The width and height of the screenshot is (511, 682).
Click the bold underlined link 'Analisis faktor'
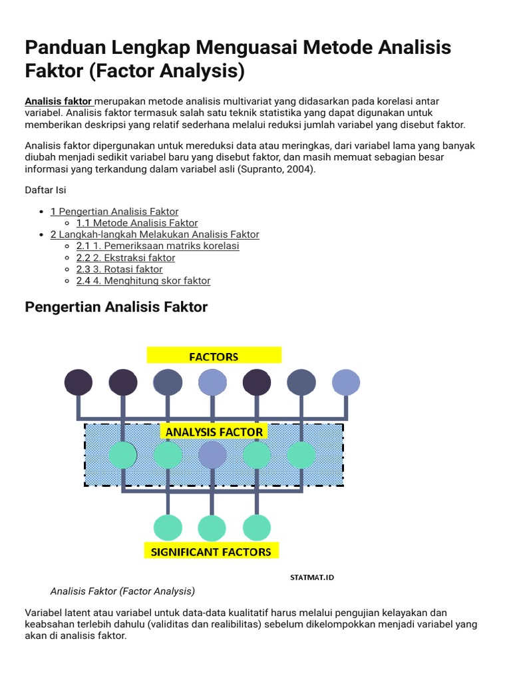[x=59, y=101]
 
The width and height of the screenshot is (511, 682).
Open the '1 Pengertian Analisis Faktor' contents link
[x=114, y=212]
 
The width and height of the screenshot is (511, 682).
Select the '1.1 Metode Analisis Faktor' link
[x=137, y=223]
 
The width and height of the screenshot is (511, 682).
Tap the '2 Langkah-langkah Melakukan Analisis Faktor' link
[x=155, y=234]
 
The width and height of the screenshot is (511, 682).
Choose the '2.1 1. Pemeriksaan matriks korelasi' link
[x=158, y=246]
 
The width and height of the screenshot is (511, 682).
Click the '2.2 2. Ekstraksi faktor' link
[x=126, y=258]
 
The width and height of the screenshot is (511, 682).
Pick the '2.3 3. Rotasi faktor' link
[x=120, y=269]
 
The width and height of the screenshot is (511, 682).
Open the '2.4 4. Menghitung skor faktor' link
[x=143, y=280]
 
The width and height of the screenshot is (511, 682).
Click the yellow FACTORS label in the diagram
[x=214, y=356]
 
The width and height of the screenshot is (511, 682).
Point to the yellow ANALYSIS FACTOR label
[x=214, y=432]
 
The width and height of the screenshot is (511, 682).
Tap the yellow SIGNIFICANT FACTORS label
[x=211, y=551]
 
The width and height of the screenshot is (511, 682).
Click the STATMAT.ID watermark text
[x=312, y=577]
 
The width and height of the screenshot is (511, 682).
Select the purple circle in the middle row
[x=213, y=455]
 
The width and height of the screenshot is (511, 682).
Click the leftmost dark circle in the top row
[x=79, y=382]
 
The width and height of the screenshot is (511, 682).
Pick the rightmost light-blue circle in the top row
[x=346, y=382]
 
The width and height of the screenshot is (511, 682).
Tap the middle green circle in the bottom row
[x=213, y=527]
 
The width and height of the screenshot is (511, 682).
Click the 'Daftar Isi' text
[x=45, y=190]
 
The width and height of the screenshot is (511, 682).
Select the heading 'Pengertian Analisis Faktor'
[x=116, y=307]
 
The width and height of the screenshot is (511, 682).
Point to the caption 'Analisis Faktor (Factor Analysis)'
[x=122, y=591]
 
